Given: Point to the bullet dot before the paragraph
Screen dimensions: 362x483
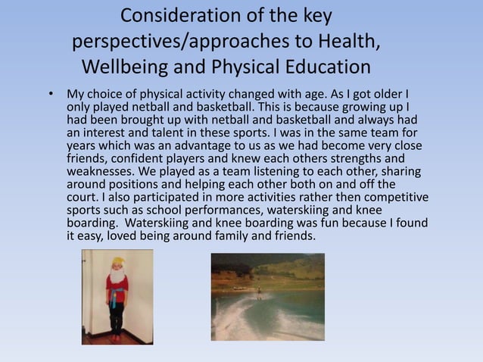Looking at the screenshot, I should click(x=51, y=95).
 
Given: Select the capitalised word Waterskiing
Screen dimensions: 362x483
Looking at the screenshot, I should click(x=160, y=223).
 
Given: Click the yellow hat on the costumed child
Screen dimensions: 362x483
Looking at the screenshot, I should click(x=116, y=262).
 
